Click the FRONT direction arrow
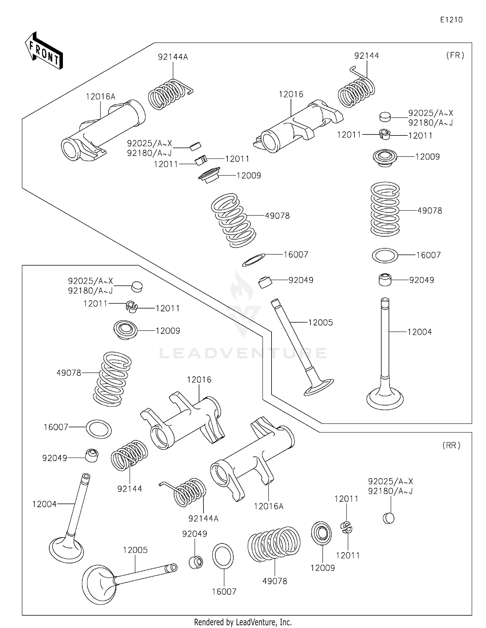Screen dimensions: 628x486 (x=44, y=51)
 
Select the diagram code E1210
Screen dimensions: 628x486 (x=451, y=20)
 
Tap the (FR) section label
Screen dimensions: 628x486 (x=455, y=55)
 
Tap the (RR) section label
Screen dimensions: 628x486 (x=451, y=445)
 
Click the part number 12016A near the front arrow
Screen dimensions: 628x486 (x=100, y=97)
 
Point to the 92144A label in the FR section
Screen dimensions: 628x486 (x=173, y=57)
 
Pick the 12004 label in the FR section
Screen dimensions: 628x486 (x=420, y=332)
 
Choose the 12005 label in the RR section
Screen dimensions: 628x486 (x=135, y=550)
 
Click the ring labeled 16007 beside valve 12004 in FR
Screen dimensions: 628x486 (x=385, y=256)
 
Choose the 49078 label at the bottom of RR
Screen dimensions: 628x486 (x=274, y=581)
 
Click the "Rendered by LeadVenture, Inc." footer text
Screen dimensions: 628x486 (x=243, y=622)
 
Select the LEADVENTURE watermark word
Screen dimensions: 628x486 (x=243, y=353)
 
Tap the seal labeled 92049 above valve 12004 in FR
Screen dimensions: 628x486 (x=385, y=280)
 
